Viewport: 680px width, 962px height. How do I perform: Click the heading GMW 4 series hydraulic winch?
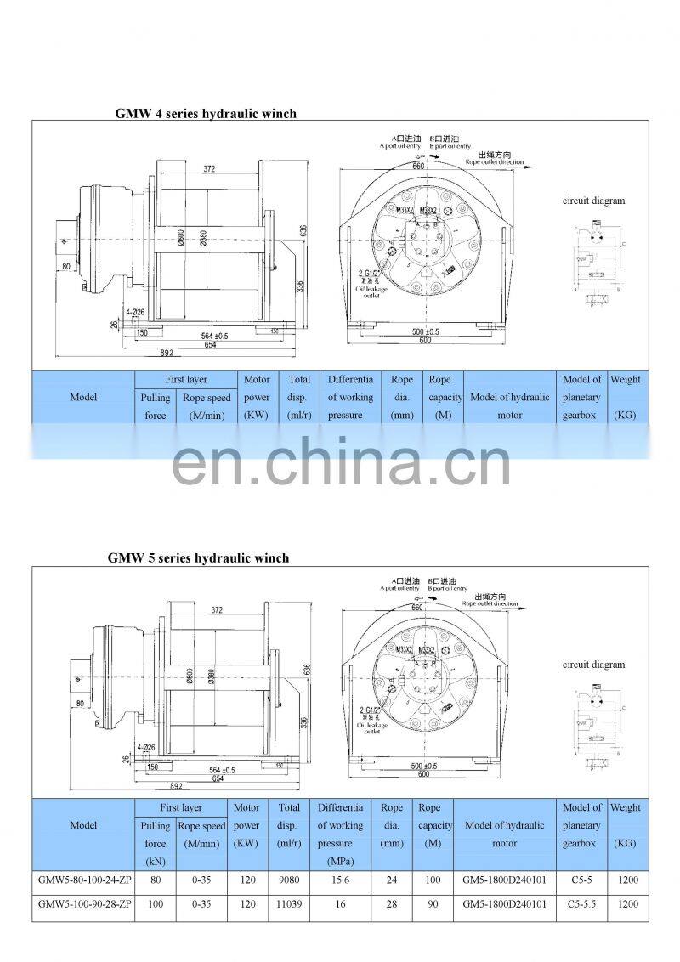pos(206,113)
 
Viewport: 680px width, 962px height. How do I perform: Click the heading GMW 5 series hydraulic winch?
pos(198,558)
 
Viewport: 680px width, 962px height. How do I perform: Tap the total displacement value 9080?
pos(289,881)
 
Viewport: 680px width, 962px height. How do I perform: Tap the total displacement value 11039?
pos(289,905)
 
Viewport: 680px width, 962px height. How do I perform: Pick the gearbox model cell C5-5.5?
pos(581,905)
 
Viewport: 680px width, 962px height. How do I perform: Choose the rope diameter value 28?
pos(392,905)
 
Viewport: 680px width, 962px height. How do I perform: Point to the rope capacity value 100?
pos(433,881)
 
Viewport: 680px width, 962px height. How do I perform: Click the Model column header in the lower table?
pos(83,825)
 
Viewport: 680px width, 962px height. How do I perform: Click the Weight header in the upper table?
pos(625,380)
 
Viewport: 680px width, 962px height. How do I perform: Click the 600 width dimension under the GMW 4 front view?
pos(423,341)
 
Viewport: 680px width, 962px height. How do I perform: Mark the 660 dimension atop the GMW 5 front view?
pos(416,608)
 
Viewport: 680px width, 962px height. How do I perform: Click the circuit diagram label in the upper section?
pos(593,201)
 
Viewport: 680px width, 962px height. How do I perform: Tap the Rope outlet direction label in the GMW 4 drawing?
pos(494,161)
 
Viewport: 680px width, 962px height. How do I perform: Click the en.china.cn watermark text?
pos(341,464)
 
